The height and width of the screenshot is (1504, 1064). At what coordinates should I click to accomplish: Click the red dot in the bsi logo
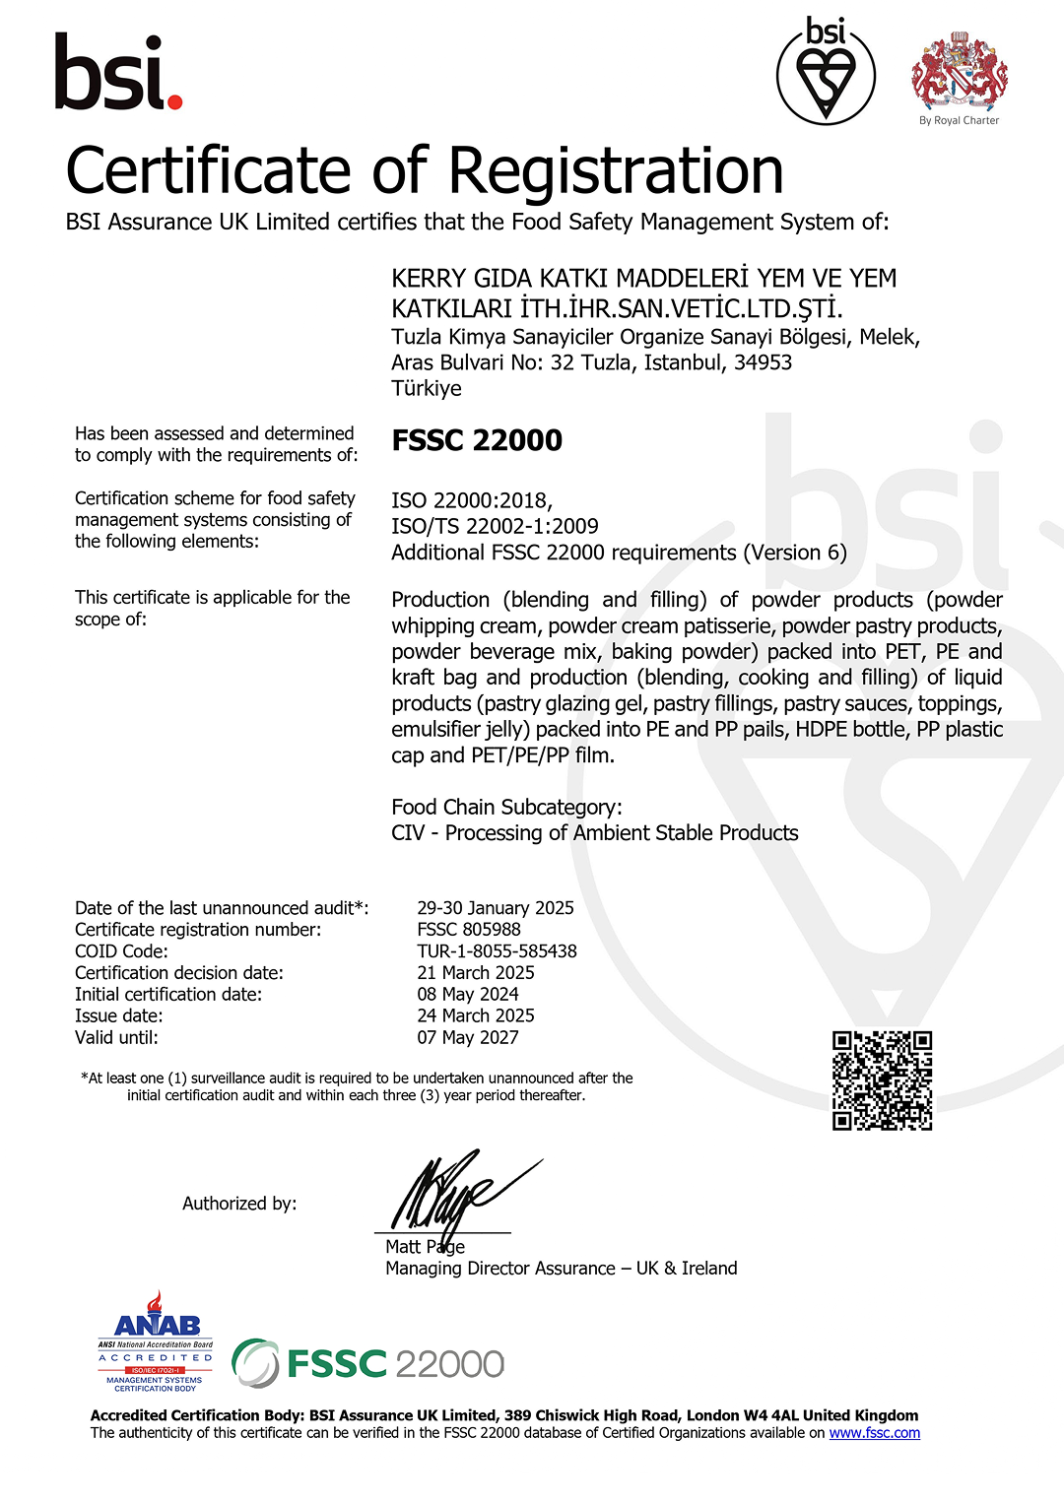tap(174, 100)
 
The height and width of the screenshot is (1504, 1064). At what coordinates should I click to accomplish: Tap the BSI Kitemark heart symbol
tap(826, 78)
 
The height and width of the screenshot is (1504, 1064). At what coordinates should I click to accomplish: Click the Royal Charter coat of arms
tap(959, 73)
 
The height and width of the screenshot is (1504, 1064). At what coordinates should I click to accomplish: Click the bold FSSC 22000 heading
tap(477, 440)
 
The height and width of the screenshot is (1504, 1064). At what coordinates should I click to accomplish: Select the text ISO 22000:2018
tap(471, 500)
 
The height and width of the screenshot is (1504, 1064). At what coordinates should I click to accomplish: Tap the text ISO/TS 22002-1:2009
tap(495, 526)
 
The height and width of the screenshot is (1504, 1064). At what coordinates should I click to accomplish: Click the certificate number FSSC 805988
tap(469, 929)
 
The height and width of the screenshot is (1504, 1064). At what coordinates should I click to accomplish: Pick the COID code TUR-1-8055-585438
tap(497, 950)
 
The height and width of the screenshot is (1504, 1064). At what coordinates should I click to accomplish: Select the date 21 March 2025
tap(476, 972)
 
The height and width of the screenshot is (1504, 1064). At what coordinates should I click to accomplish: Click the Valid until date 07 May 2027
tap(467, 1037)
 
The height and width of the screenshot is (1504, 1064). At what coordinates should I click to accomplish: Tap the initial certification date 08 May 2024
tap(467, 994)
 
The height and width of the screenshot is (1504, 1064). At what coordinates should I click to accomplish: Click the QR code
tap(882, 1080)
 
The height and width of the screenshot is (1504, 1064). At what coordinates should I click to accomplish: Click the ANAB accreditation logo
tap(156, 1341)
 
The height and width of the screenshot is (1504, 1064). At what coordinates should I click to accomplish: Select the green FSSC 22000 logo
tap(368, 1364)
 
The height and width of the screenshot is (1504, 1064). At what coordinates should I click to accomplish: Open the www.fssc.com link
tap(874, 1433)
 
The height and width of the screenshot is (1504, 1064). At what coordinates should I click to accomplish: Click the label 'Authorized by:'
tap(239, 1204)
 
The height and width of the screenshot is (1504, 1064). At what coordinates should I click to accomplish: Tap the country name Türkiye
tap(426, 388)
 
